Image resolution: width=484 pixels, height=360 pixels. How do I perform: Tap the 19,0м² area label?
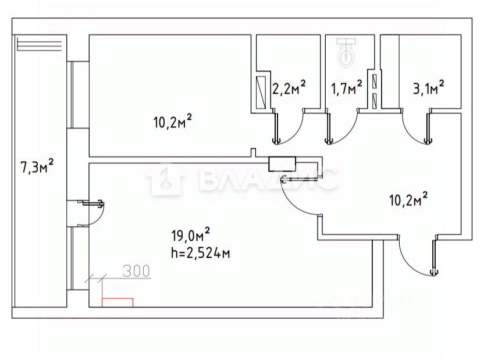pyautogui.click(x=191, y=236)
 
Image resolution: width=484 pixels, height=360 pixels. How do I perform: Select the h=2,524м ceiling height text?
pyautogui.click(x=201, y=253)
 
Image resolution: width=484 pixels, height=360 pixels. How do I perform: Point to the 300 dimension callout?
pyautogui.click(x=136, y=270)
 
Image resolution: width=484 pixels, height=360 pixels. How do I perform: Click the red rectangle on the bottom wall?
pyautogui.click(x=118, y=302)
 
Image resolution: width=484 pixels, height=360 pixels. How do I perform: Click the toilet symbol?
pyautogui.click(x=347, y=53)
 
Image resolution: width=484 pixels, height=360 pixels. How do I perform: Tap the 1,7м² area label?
pyautogui.click(x=347, y=87)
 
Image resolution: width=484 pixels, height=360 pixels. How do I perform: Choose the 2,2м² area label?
pyautogui.click(x=289, y=87)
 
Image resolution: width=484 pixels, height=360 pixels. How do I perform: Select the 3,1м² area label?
pyautogui.click(x=428, y=87)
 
